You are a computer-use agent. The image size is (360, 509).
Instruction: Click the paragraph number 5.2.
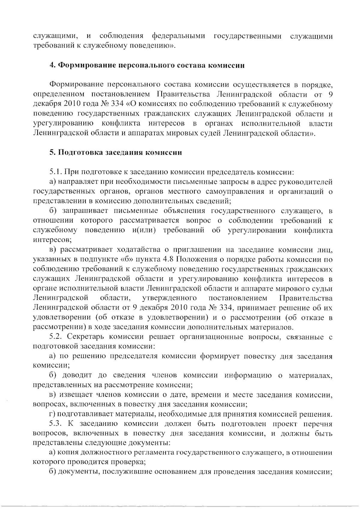coord(56,337)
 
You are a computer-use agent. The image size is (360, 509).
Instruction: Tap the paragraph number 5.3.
coord(56,424)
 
